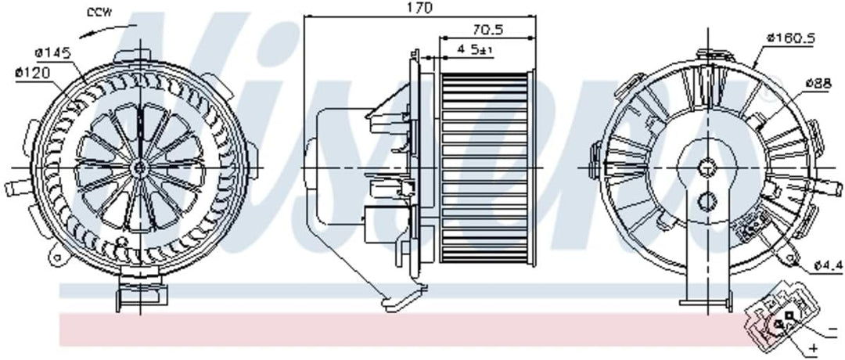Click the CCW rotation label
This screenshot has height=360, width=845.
[99, 12]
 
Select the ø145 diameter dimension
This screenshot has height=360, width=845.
[52, 52]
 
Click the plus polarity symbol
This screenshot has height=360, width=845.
[814, 347]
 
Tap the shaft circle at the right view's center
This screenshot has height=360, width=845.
[707, 167]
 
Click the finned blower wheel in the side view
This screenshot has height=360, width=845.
[485, 167]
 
